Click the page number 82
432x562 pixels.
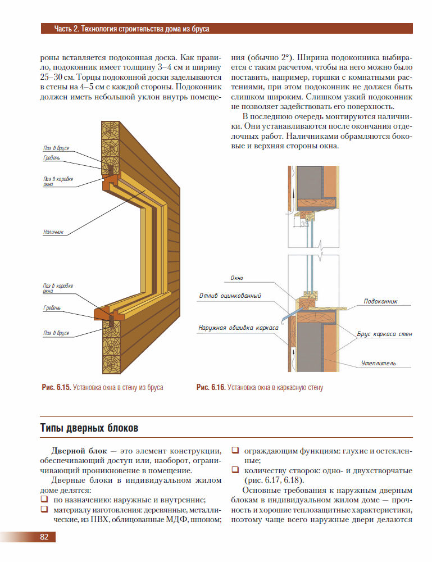(44, 537)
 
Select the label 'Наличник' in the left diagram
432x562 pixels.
(53, 231)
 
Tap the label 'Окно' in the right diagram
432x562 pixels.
(237, 278)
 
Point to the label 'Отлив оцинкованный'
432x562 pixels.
(230, 296)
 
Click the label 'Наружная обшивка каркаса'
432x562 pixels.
(238, 327)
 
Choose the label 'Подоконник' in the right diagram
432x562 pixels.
(380, 301)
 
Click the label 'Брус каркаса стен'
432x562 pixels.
(385, 334)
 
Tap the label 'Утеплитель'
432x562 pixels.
(378, 363)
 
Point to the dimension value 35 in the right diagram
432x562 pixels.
(304, 224)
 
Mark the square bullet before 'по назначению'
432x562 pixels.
(44, 499)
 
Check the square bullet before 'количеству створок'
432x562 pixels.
(235, 470)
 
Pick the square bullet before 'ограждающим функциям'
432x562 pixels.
(235, 450)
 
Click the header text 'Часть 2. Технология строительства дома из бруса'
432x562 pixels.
(131, 29)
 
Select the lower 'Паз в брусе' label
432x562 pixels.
(56, 333)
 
